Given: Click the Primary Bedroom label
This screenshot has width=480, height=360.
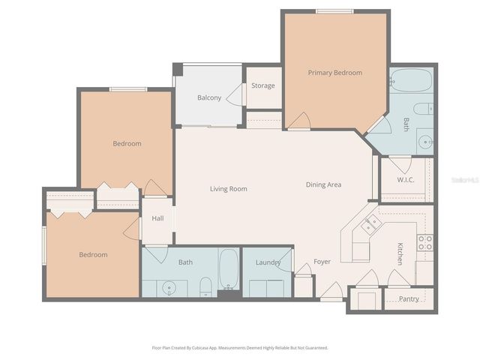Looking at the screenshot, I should point(334,73).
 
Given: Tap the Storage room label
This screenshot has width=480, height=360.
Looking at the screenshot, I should point(262,85).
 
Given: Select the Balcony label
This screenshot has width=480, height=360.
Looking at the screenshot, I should point(208,98).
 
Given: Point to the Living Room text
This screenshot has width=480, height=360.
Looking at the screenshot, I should point(228,189).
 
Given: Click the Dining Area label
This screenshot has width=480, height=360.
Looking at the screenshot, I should point(323,184).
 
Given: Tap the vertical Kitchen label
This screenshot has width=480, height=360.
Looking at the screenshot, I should point(400,253).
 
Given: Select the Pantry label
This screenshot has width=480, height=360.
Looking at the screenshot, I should point(409,299).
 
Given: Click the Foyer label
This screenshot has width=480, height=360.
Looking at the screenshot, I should point(322,262).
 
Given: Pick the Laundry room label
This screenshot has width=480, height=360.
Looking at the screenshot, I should point(268,262).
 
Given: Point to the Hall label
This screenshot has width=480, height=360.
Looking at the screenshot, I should point(157,218).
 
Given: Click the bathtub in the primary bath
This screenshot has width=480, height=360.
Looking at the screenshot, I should point(411,80).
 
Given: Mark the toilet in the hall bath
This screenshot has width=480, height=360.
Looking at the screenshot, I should point(205,286).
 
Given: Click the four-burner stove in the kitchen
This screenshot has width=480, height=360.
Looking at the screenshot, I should point(424,243).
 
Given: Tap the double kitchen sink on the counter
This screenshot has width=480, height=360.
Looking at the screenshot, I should point(371,223).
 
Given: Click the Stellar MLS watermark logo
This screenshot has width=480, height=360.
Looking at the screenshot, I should point(459,181).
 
